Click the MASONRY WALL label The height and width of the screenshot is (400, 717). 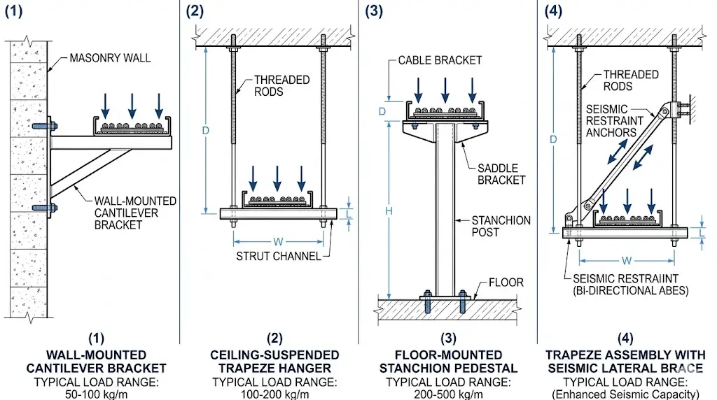click(x=109, y=58)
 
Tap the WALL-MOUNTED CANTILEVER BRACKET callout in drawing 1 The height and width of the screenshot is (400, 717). click(x=135, y=213)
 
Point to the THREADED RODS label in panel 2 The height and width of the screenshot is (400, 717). click(x=281, y=86)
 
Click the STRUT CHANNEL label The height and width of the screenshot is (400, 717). click(x=278, y=256)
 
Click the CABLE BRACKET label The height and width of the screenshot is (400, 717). click(x=440, y=60)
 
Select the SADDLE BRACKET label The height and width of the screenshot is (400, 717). click(x=501, y=173)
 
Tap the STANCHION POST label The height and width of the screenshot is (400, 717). click(x=501, y=227)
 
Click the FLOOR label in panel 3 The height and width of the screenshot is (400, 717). click(x=506, y=283)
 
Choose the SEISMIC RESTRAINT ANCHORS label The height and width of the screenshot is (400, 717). click(x=612, y=120)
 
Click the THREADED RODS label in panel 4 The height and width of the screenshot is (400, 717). click(x=631, y=80)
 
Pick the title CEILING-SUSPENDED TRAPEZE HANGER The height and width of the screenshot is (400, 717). click(x=274, y=362)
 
